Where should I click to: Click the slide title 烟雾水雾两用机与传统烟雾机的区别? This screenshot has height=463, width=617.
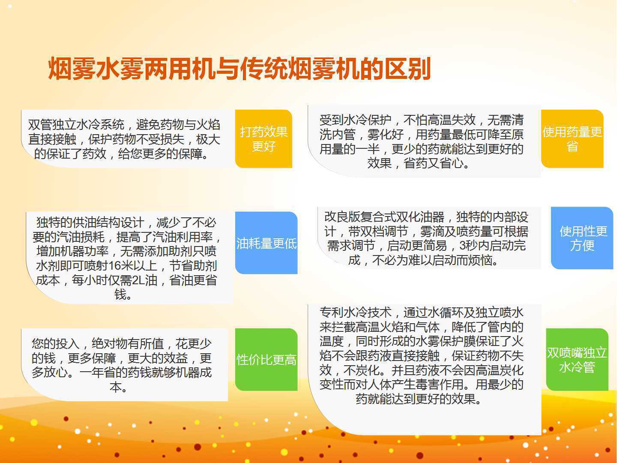(240, 69)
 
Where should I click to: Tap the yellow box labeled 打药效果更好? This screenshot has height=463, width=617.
(264, 139)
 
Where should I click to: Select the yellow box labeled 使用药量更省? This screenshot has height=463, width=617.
(572, 139)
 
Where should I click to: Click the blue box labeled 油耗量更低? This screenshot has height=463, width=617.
(266, 243)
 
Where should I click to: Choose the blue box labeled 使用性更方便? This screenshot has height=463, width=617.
(582, 238)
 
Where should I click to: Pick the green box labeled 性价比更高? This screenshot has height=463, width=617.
(266, 360)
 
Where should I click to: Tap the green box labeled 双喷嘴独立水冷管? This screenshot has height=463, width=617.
(577, 360)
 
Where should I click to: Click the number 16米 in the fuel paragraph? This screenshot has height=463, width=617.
(114, 266)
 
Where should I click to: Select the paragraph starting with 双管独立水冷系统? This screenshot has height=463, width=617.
(124, 139)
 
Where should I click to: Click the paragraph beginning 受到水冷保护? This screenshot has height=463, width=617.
(421, 141)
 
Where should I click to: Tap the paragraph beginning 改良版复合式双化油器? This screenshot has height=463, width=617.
(426, 238)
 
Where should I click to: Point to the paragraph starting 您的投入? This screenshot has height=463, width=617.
(121, 365)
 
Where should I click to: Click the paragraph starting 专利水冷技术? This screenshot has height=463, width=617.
(421, 356)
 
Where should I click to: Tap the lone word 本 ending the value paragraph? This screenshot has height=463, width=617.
(116, 387)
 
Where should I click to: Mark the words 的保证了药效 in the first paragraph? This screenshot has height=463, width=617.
(70, 154)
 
